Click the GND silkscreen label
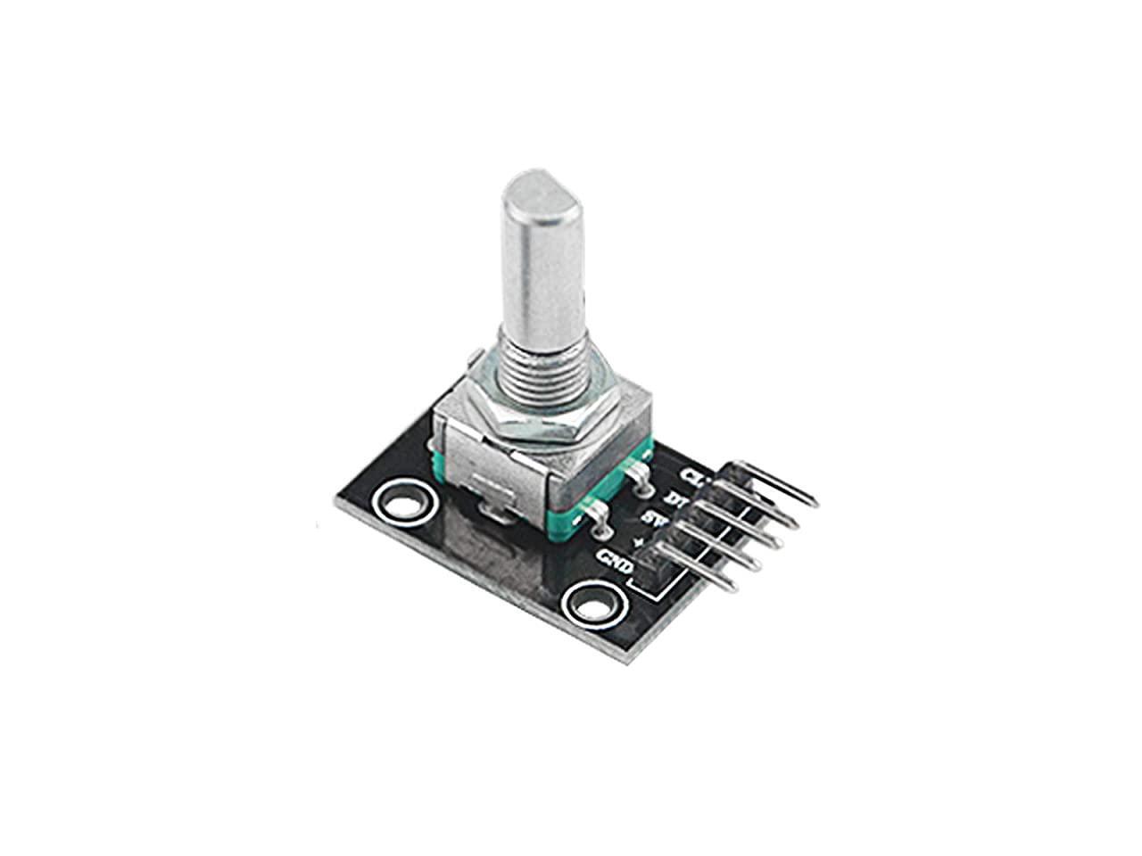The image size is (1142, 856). [x=617, y=562]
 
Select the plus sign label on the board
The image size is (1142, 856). [x=636, y=542]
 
